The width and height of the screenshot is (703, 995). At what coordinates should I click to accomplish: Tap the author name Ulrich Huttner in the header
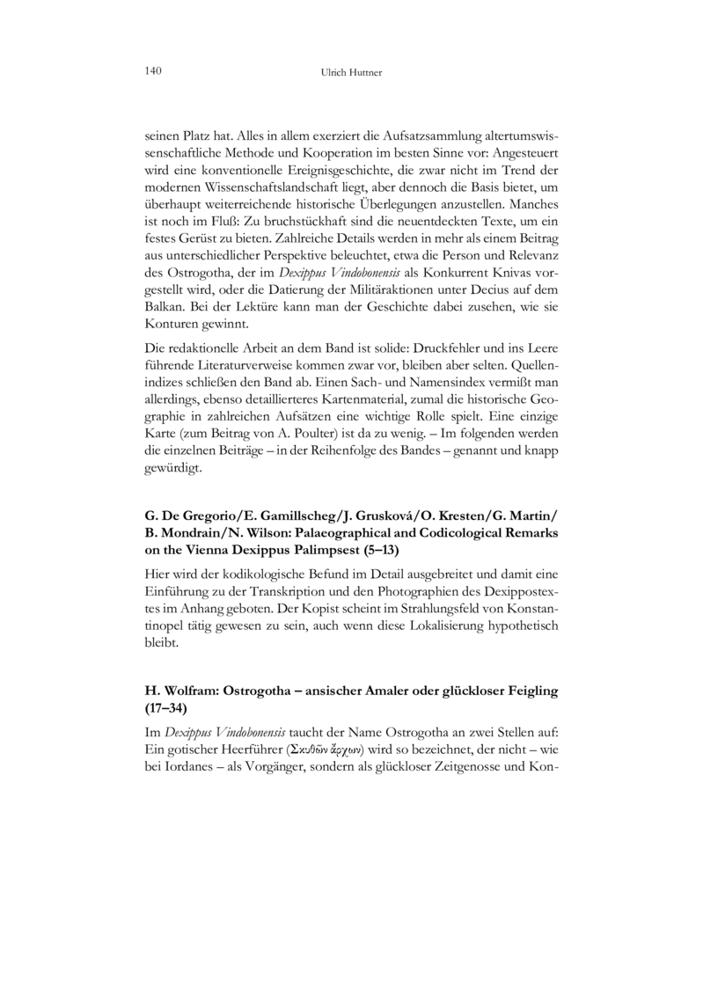tap(351, 71)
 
